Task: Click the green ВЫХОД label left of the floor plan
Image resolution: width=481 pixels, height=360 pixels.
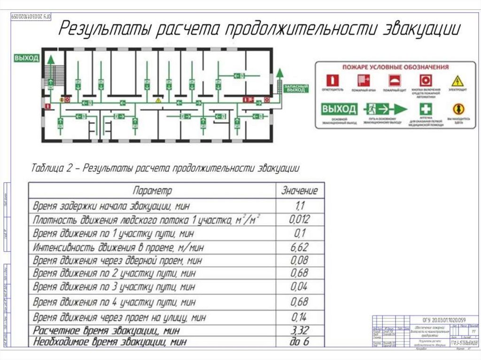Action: pyautogui.click(x=26, y=58)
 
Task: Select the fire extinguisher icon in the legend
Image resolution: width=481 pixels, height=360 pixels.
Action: pyautogui.click(x=333, y=80)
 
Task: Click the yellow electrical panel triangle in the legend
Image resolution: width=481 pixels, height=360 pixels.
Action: pyautogui.click(x=457, y=80)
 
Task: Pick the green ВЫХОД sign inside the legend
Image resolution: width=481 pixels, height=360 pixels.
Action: pyautogui.click(x=339, y=109)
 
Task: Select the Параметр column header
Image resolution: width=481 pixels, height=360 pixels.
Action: pyautogui.click(x=153, y=191)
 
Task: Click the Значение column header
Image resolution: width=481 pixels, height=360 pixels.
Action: pyautogui.click(x=299, y=191)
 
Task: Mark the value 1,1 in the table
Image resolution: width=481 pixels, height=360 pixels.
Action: pyautogui.click(x=300, y=205)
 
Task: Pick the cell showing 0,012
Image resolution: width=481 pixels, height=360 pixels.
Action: pyautogui.click(x=299, y=219)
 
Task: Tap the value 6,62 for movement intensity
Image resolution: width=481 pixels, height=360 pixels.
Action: pyautogui.click(x=300, y=247)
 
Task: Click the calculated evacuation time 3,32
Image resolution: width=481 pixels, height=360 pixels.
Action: pyautogui.click(x=300, y=330)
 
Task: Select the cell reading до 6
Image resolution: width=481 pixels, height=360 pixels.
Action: pyautogui.click(x=300, y=342)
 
